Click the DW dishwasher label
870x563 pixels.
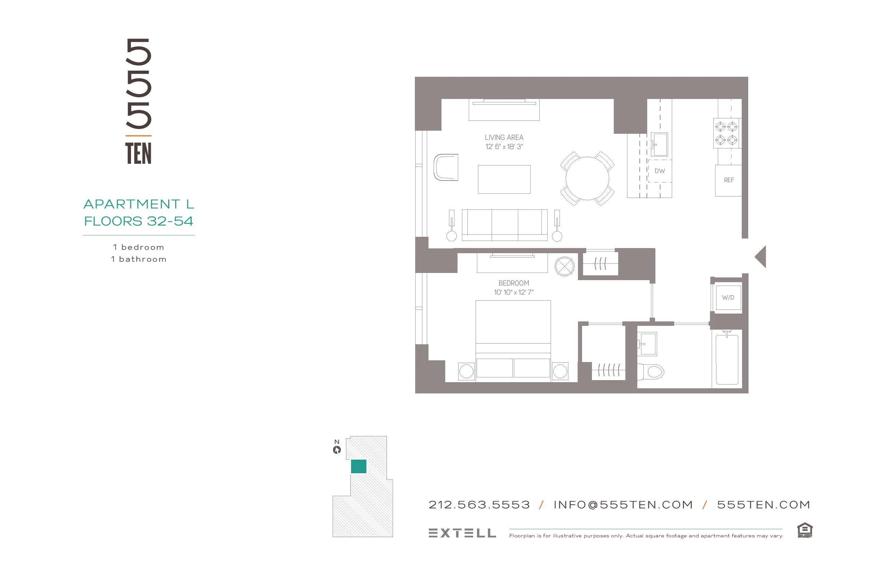click(659, 171)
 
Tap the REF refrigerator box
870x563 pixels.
click(728, 180)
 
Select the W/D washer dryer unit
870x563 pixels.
click(728, 298)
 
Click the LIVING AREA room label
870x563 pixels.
click(504, 138)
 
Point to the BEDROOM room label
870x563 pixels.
click(513, 283)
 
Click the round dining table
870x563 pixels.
click(587, 178)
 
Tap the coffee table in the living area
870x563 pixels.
click(504, 179)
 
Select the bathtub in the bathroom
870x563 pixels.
click(727, 359)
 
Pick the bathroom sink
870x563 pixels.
click(648, 344)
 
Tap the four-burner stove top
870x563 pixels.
click(726, 133)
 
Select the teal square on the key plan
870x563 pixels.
click(359, 466)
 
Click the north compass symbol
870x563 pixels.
click(337, 450)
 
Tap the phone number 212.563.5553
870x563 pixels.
click(479, 505)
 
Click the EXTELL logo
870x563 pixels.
click(462, 533)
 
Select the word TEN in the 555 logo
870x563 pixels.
click(138, 154)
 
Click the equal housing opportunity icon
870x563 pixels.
click(804, 531)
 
